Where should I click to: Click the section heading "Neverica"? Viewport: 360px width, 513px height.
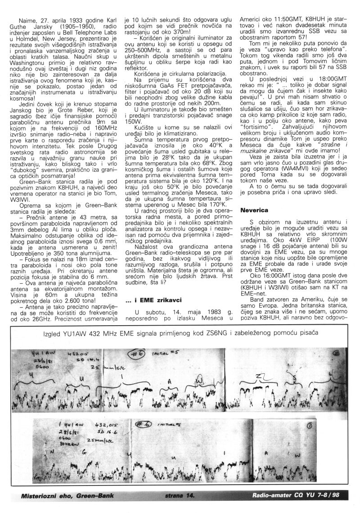(254, 210)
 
